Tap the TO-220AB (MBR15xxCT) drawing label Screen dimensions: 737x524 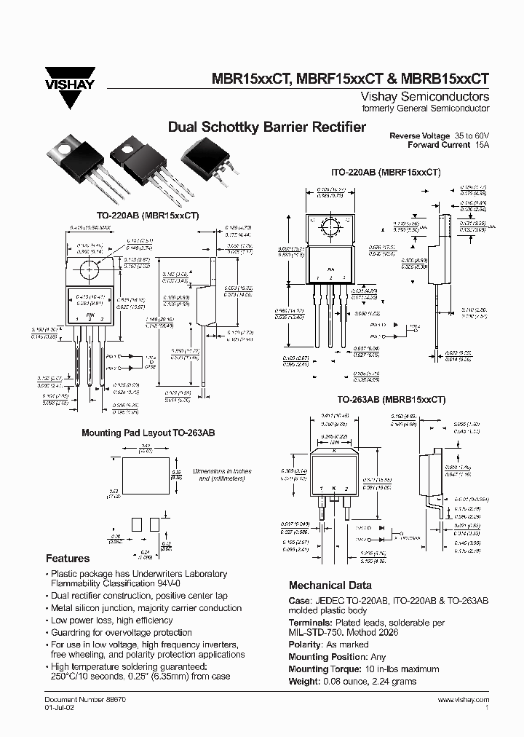[x=148, y=216]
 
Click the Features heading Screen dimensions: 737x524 [x=68, y=559]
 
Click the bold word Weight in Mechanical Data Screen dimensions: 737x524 [x=304, y=681]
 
